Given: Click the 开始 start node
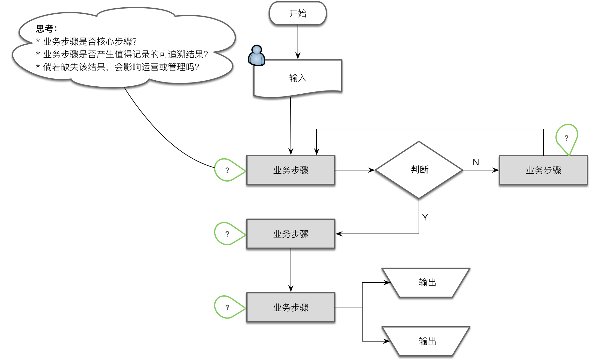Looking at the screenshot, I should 298,13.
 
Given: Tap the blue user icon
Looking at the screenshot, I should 256,56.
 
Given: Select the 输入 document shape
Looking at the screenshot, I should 298,78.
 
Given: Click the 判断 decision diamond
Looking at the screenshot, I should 419,170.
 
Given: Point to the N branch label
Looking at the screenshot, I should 476,162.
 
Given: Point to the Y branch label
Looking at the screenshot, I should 425,217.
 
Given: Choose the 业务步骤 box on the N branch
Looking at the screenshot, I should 543,170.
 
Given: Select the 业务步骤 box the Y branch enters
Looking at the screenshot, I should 291,234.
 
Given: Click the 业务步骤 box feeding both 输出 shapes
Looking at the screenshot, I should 291,307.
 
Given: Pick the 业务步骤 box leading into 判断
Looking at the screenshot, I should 291,170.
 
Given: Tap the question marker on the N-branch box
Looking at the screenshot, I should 566,138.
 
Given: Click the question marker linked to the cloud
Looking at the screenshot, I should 227,170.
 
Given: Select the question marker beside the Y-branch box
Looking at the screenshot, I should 227,234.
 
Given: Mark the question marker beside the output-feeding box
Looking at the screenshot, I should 227,307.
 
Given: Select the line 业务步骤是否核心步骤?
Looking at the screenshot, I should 90,42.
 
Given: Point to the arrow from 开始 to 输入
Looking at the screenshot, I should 298,41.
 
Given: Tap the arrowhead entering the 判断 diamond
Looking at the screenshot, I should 371,170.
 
